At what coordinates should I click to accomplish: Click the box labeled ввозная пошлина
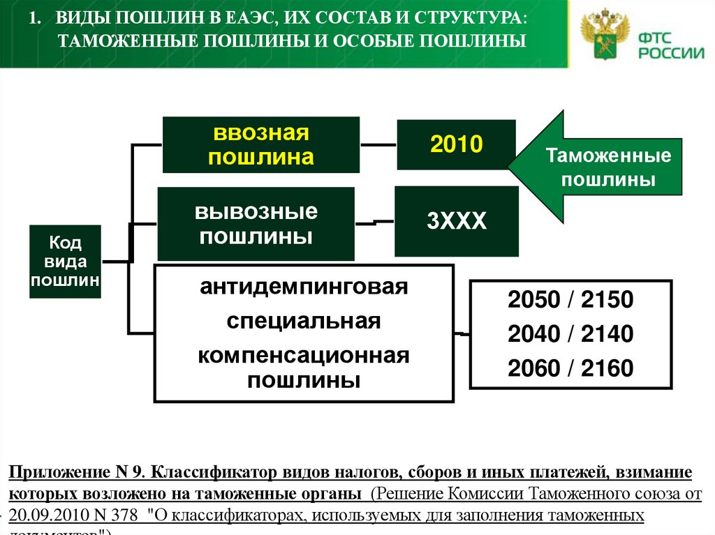coord(260,144)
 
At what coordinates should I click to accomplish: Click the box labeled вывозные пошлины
coord(256,223)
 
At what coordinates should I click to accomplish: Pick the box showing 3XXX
coord(456,222)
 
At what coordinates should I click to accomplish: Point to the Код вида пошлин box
coord(65,262)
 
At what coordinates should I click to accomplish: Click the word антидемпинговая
coord(303,287)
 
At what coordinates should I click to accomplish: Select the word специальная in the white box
coord(303,322)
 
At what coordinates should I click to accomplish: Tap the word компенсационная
coord(303,355)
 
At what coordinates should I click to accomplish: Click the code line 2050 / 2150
coord(570,301)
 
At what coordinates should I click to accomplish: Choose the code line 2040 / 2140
coord(570,334)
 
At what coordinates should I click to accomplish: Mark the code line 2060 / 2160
coord(570,368)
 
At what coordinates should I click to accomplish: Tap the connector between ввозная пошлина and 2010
coord(378,145)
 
